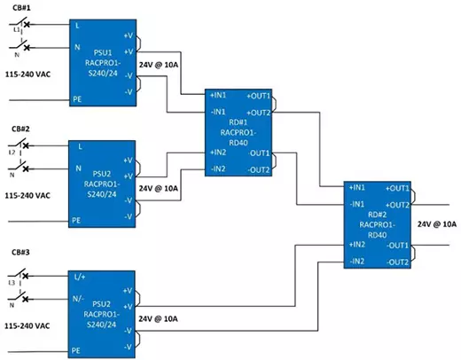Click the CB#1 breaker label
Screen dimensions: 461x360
(x=21, y=8)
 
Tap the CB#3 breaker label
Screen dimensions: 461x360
(x=20, y=253)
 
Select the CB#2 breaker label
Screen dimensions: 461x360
(x=20, y=129)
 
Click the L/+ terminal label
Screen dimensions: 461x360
(x=80, y=277)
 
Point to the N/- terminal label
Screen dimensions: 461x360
(x=78, y=299)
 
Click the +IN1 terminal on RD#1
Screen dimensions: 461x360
(x=218, y=95)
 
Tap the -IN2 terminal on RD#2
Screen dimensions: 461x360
(x=357, y=262)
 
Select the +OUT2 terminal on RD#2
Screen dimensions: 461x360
(x=397, y=205)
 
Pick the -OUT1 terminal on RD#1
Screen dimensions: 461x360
(x=259, y=153)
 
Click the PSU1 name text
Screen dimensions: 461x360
(x=103, y=53)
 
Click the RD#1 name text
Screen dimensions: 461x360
(x=238, y=122)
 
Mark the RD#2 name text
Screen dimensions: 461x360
(x=378, y=215)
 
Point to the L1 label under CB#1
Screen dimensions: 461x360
(x=17, y=30)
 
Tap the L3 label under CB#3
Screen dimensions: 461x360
(x=12, y=283)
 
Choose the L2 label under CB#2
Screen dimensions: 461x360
(x=12, y=153)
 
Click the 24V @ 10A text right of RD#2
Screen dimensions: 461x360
(x=437, y=224)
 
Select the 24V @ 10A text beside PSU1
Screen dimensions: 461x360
(x=159, y=65)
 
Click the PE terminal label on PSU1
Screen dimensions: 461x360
(x=77, y=99)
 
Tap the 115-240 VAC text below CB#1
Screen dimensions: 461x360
(x=27, y=74)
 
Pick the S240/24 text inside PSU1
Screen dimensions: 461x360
(x=103, y=73)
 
